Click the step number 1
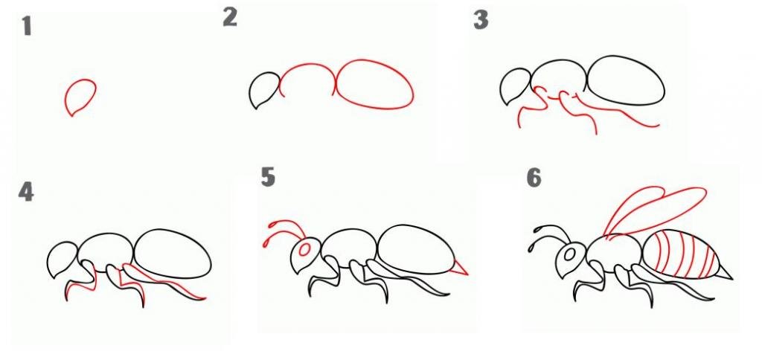(x=27, y=26)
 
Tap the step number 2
(x=230, y=18)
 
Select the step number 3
(x=481, y=20)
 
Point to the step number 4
(x=26, y=193)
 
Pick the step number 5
(x=268, y=177)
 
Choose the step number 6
(x=534, y=179)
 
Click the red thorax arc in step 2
(x=307, y=64)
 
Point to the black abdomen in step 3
(x=626, y=80)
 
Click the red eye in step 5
(x=305, y=250)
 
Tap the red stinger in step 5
(x=461, y=267)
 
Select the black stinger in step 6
(x=724, y=272)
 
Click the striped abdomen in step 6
(x=680, y=254)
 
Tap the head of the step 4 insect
(x=63, y=260)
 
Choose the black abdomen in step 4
(x=172, y=254)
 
